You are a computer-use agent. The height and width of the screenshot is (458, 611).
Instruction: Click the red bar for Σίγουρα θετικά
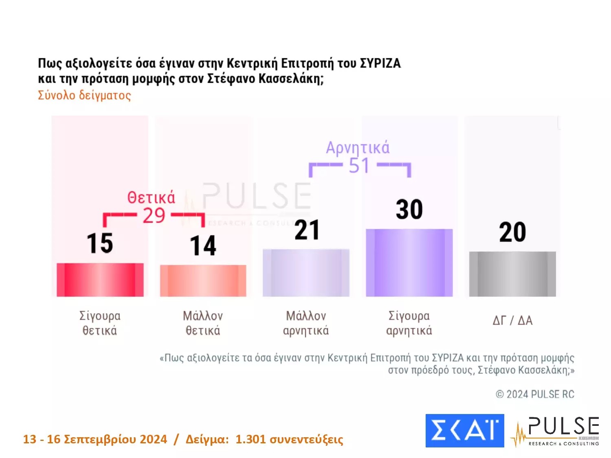pos(100,280)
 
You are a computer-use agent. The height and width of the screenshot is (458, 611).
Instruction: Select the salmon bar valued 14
pos(203,280)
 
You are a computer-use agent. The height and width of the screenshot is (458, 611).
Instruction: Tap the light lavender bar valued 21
pos(306,272)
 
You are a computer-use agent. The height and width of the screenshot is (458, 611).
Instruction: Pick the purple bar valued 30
pos(409,263)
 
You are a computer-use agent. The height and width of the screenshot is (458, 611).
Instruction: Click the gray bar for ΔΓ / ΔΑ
pos(512,274)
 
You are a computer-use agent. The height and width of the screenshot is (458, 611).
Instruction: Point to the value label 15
pos(100,243)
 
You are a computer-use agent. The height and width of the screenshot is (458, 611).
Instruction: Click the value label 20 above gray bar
pos(512,232)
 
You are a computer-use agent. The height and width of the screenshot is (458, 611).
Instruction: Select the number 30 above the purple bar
pos(409,210)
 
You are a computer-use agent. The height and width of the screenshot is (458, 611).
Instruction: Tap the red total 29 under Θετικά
pos(154,215)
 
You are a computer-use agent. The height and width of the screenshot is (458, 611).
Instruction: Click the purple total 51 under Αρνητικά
pos(359,165)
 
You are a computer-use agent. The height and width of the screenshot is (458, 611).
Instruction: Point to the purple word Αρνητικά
pos(358,147)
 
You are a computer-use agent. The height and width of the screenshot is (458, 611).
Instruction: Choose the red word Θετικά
pos(151,197)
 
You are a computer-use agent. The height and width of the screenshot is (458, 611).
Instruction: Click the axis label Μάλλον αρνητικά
pos(306,323)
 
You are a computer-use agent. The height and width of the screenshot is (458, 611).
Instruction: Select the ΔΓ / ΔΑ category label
pos(512,320)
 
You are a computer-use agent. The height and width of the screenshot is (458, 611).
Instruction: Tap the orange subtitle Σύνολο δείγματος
pos(84,95)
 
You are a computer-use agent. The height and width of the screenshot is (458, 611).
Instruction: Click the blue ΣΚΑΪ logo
pos(464,430)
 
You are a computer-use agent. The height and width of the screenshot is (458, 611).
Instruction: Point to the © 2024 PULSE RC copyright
pos(534,394)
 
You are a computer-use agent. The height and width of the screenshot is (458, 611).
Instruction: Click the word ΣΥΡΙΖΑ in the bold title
pos(380,64)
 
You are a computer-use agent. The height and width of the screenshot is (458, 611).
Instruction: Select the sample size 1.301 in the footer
pos(250,439)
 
